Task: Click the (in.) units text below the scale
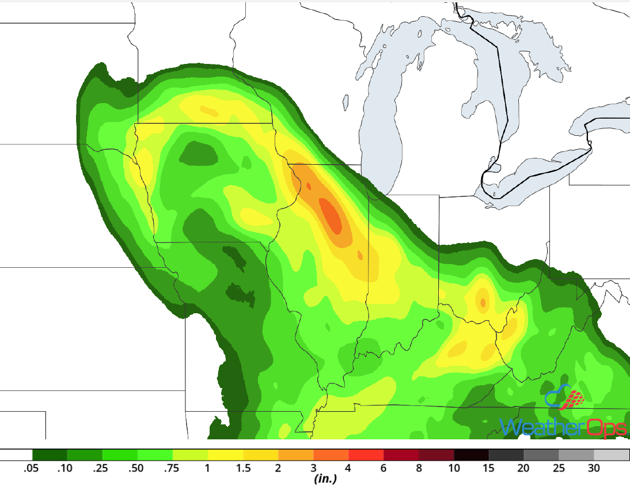point(325,479)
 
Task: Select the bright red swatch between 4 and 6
point(366,455)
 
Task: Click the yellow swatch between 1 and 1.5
point(226,455)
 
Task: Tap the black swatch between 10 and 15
point(472,455)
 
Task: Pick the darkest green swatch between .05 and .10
point(50,455)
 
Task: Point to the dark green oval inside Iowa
point(199,154)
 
